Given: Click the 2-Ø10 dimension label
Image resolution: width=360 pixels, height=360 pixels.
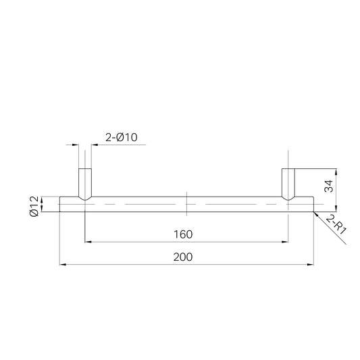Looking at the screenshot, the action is pos(122,137).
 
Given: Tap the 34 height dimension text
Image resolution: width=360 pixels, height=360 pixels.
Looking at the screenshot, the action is pos(328,186).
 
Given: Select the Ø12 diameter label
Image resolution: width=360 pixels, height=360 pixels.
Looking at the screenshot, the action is pos(34,206).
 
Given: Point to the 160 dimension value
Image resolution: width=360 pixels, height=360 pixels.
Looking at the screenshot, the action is pos(183,234).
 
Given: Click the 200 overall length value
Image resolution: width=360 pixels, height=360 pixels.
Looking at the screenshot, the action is pos(183,257).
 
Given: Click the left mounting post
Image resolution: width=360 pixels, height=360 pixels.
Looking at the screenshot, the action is pos(85,184).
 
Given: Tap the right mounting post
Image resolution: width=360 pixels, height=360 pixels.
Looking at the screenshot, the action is pos(288,184).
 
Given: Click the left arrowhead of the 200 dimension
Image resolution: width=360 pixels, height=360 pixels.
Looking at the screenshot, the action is pos(63,265).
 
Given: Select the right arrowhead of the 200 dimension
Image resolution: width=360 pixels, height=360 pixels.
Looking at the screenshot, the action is pos(311,265).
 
